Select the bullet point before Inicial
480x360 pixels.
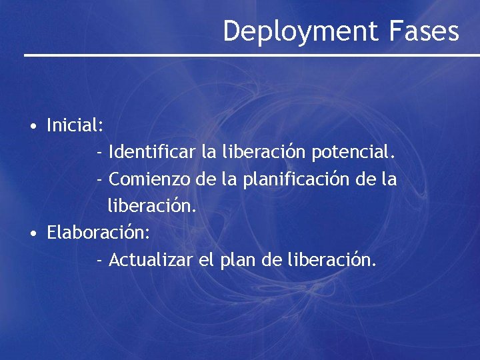pyautogui.click(x=32, y=126)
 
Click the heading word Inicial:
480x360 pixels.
pyautogui.click(x=75, y=125)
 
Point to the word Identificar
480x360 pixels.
pyautogui.click(x=151, y=153)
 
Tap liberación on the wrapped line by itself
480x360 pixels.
pyautogui.click(x=152, y=206)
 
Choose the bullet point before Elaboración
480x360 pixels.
pyautogui.click(x=32, y=233)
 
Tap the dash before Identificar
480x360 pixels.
pyautogui.click(x=99, y=153)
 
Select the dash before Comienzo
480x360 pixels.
pyautogui.click(x=99, y=180)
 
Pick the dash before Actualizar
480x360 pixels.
pyautogui.click(x=99, y=260)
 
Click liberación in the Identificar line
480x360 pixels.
pyautogui.click(x=262, y=153)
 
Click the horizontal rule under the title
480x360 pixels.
pyautogui.click(x=252, y=55)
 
